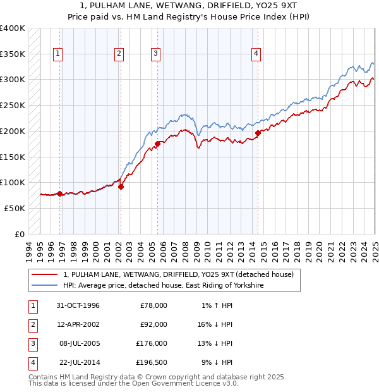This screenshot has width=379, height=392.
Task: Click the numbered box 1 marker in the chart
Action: pos(57,54)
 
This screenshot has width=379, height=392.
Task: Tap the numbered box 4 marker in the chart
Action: pos(256,54)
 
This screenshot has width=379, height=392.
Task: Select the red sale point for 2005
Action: pos(157,144)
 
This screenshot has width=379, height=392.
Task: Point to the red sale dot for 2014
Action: pos(258,133)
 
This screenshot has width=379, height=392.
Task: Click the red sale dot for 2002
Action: pos(121,187)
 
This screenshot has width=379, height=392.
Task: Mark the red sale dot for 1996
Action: pos(60,193)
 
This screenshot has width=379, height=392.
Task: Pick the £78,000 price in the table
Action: pos(153,305)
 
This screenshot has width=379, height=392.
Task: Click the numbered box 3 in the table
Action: pos(32,343)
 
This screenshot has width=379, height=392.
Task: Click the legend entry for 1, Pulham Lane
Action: pos(179,274)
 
